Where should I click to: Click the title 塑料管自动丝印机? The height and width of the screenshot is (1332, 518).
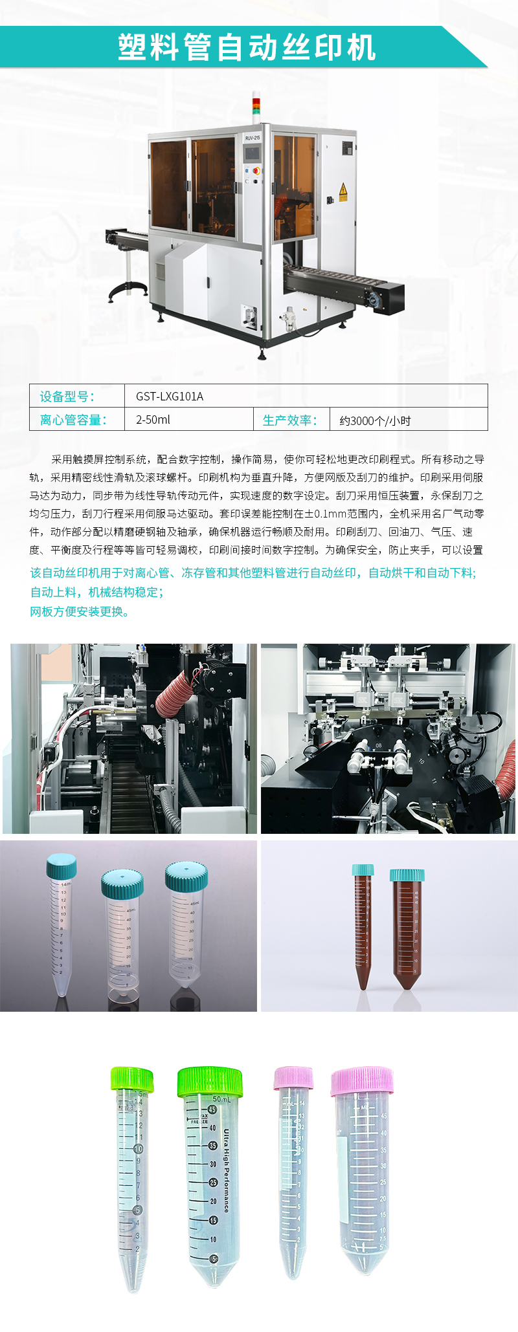247,47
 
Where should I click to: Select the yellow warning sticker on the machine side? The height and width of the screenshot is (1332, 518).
343,191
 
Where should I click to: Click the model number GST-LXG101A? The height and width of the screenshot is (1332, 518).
170,397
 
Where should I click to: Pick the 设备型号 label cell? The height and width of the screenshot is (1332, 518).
67,397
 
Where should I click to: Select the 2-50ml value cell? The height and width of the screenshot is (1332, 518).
153,420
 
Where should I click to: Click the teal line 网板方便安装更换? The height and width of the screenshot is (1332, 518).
80,612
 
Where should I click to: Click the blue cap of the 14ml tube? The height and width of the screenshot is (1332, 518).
62,866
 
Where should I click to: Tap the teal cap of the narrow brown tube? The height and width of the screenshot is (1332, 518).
363,870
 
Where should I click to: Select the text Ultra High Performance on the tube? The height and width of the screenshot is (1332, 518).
226,1170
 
